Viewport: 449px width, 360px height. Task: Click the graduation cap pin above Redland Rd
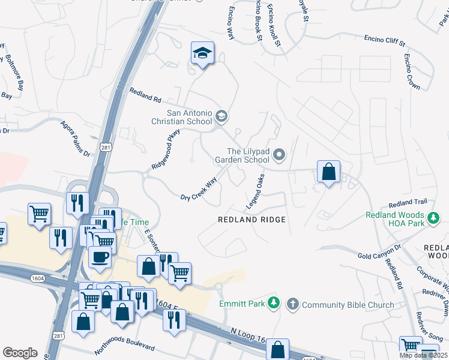pyautogui.click(x=203, y=54)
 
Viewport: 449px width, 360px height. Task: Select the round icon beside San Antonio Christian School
pyautogui.click(x=221, y=116)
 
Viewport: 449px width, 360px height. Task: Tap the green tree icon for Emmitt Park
pyautogui.click(x=274, y=304)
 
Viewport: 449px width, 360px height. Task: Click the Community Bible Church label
pyautogui.click(x=348, y=304)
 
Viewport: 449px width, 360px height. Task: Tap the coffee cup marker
pyautogui.click(x=100, y=257)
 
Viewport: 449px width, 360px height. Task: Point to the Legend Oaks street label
pyautogui.click(x=255, y=193)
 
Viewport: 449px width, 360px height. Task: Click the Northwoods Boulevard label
pyautogui.click(x=124, y=349)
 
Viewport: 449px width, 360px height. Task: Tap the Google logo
pyautogui.click(x=20, y=353)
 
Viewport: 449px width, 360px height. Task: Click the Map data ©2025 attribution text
pyautogui.click(x=423, y=355)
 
